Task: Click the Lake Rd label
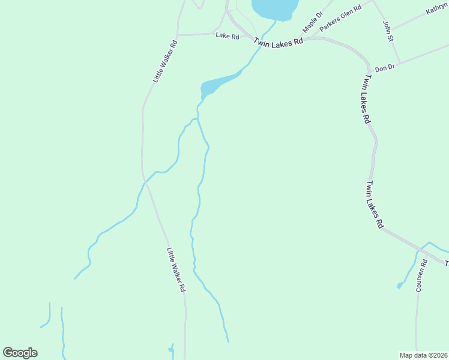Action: pyautogui.click(x=228, y=36)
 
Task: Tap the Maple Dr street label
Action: pyautogui.click(x=312, y=22)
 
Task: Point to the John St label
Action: pyautogui.click(x=387, y=31)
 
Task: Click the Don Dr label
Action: pyautogui.click(x=384, y=68)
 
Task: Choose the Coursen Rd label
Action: pyautogui.click(x=423, y=275)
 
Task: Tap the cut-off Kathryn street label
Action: pyautogui.click(x=438, y=11)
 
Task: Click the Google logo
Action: pyautogui.click(x=20, y=353)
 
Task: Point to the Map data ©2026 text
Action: pyautogui.click(x=424, y=355)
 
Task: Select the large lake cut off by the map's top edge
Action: pyautogui.click(x=275, y=7)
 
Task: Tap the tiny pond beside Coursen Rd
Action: pyautogui.click(x=400, y=286)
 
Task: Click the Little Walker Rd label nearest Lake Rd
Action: pyautogui.click(x=165, y=61)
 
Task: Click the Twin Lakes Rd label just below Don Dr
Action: pyautogui.click(x=366, y=99)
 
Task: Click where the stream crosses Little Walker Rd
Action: pyautogui.click(x=145, y=180)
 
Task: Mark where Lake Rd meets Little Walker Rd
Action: pyautogui.click(x=178, y=35)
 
